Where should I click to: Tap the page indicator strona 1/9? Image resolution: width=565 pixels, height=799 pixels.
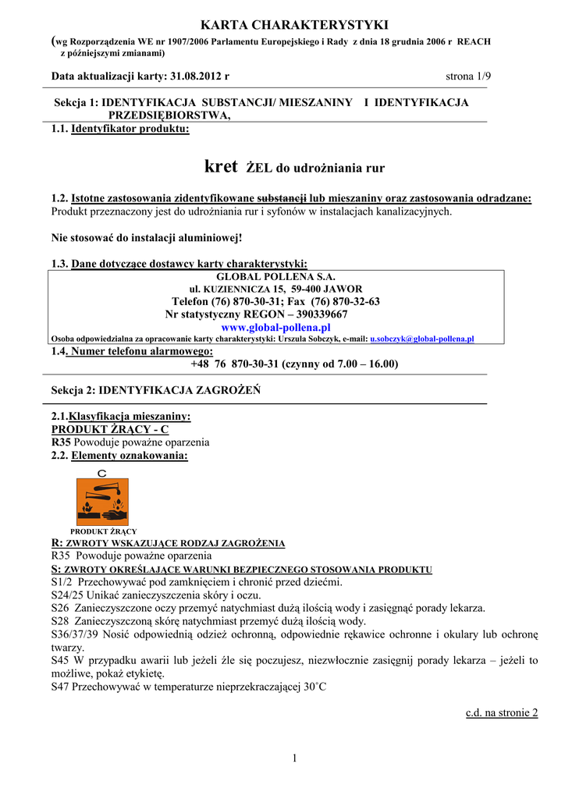click(468, 76)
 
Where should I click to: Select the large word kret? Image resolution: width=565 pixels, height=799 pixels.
click(221, 166)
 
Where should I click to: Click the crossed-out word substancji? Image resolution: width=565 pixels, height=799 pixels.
click(282, 199)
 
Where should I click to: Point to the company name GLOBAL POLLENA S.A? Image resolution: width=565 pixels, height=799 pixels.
click(275, 277)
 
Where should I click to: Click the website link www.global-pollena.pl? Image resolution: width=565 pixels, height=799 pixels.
click(276, 327)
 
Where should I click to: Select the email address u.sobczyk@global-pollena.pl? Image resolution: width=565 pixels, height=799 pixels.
click(422, 339)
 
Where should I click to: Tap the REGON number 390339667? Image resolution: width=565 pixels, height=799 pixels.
click(318, 314)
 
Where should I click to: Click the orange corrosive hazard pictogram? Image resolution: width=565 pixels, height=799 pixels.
click(102, 502)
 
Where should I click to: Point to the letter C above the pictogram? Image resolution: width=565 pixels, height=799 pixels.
click(102, 474)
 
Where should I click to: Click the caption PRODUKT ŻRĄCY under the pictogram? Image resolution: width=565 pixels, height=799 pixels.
click(103, 531)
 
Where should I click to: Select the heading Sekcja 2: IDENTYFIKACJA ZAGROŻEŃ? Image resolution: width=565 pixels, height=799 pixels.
click(156, 389)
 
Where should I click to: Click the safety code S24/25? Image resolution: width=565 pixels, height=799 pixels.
click(64, 595)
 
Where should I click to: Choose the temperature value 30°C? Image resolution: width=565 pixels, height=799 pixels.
click(314, 687)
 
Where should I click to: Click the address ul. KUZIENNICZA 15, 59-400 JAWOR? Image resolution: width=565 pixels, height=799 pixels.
click(275, 289)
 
